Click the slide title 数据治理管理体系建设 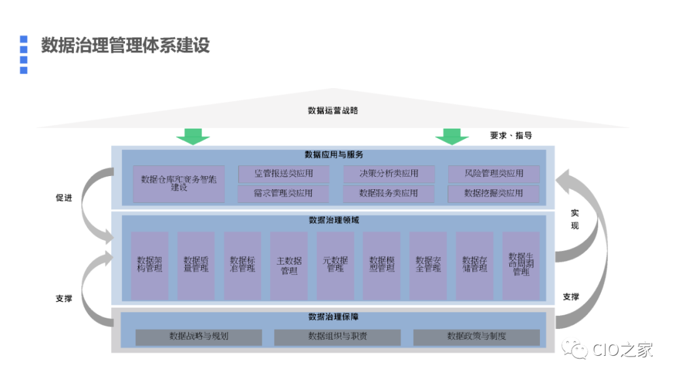125,46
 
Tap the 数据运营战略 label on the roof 333,111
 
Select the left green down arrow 193,136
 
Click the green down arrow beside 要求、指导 452,136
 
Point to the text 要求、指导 511,135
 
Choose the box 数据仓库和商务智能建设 179,184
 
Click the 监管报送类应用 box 283,174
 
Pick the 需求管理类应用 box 283,194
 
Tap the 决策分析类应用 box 388,174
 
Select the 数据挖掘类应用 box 493,194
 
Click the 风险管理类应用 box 493,174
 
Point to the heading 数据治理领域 334,220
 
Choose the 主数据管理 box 289,265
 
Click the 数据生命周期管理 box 521,265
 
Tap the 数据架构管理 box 149,265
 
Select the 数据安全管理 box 428,265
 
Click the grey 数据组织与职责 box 337,337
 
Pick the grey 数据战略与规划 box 199,337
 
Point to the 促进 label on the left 64,198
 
